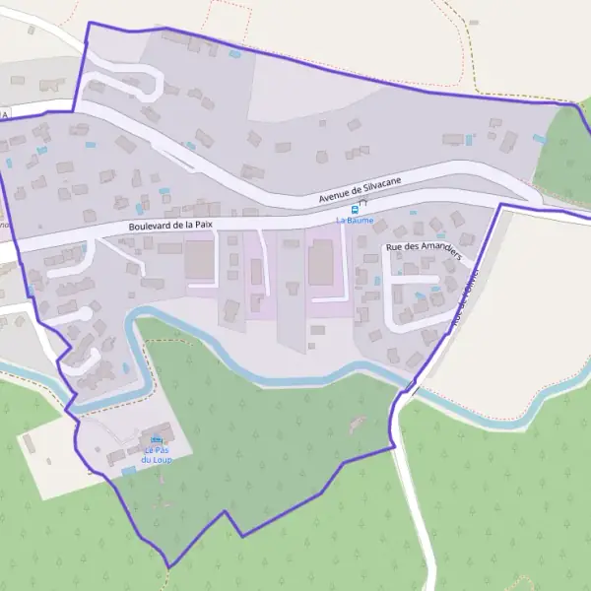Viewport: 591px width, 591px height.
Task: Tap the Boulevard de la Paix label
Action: (x=170, y=227)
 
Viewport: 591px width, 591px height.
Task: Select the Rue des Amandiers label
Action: (x=425, y=248)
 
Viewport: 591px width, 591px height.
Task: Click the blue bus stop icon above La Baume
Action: (x=355, y=210)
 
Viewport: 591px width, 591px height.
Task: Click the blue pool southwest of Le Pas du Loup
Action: (x=128, y=471)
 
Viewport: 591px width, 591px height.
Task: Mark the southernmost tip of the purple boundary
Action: (x=169, y=567)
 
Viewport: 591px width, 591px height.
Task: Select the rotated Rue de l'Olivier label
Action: (x=464, y=297)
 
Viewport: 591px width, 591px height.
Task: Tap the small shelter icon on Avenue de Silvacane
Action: (x=361, y=201)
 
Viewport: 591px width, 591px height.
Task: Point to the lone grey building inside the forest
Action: (x=356, y=425)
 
